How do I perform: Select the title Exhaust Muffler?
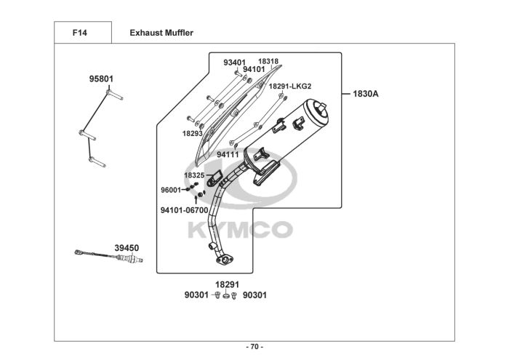point(161,33)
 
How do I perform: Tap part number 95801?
point(101,79)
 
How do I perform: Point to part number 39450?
point(127,248)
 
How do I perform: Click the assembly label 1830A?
point(366,93)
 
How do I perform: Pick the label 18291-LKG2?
point(290,86)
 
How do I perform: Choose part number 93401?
point(234,63)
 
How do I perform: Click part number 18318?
point(268,62)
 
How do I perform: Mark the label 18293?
point(192,134)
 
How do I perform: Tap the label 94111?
point(227,155)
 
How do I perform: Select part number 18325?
point(194,175)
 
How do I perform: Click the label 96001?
point(171,190)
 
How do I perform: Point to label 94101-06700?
point(184,210)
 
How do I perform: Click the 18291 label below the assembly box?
point(227,284)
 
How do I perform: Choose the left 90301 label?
point(196,295)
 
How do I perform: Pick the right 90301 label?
point(254,295)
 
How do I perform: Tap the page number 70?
point(254,346)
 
